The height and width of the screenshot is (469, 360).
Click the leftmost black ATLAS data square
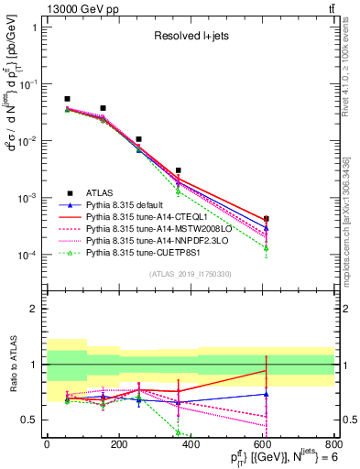[67, 99]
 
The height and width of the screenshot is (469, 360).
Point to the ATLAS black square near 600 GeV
[266, 219]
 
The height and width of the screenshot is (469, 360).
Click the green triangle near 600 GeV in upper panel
[266, 248]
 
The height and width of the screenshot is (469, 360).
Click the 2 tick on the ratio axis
[38, 309]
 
